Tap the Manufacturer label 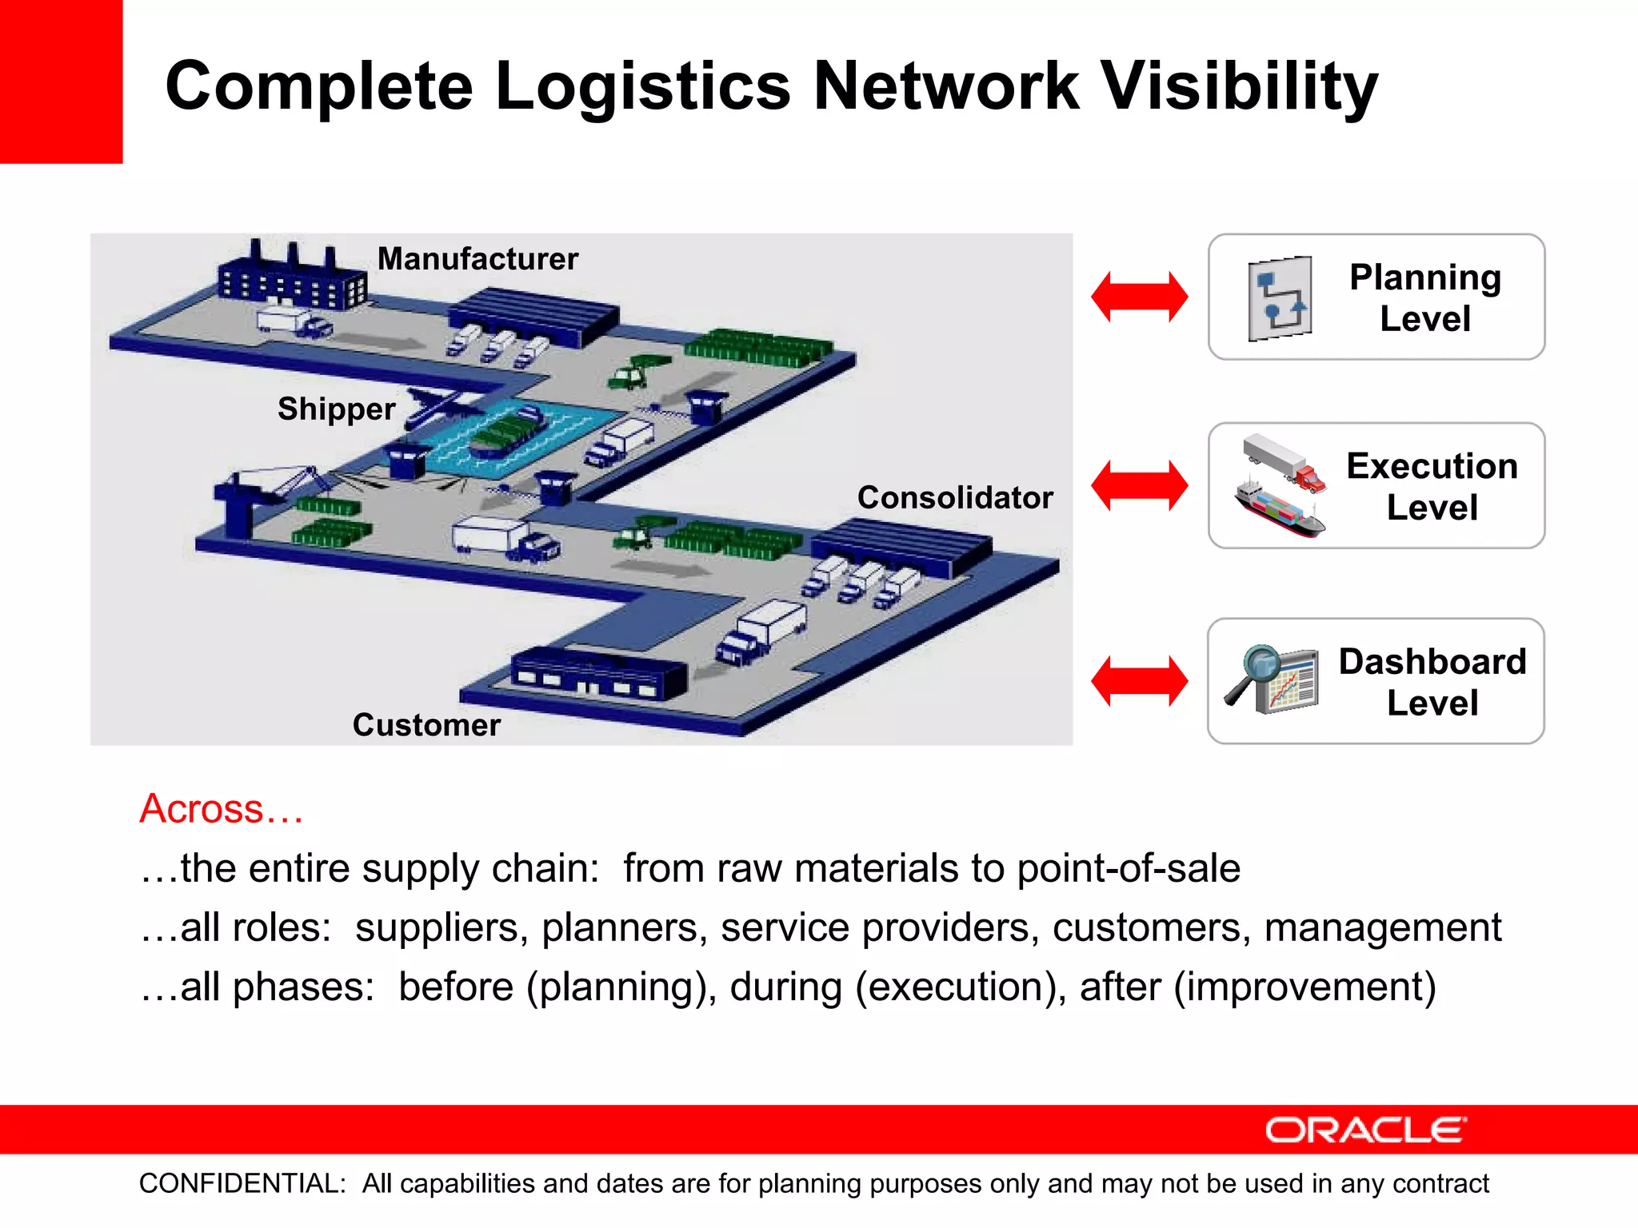477,259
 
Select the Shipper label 336,409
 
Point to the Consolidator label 955,497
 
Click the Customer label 426,724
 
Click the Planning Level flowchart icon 1280,298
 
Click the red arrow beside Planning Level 1139,297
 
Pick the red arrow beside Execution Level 1139,485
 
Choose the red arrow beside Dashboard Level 1139,681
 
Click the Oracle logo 1365,1130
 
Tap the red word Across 221,808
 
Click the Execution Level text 1432,486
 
